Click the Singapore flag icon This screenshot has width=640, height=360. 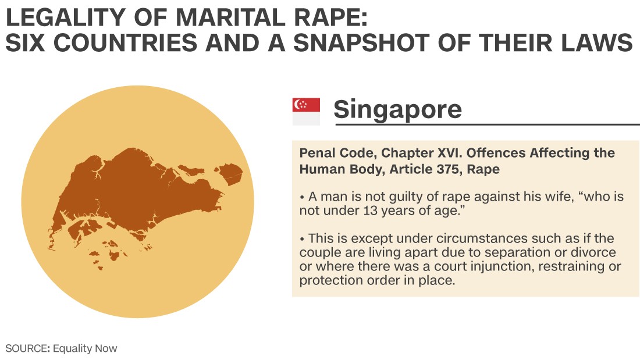point(306,112)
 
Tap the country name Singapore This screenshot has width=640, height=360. point(397,110)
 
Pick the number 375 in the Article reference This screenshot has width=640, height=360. point(448,169)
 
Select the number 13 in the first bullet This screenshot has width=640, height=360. point(371,211)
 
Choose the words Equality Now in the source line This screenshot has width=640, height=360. point(85,348)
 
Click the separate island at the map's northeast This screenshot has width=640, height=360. point(230,173)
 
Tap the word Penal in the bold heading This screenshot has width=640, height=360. point(314,152)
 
